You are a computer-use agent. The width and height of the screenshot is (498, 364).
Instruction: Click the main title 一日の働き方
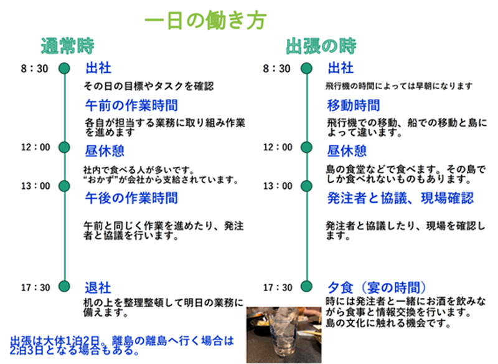(205, 20)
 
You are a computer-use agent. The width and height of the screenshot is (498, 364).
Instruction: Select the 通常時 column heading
(68, 46)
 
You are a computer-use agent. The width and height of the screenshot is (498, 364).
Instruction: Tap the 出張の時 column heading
(321, 46)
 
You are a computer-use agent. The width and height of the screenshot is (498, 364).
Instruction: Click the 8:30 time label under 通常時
(35, 69)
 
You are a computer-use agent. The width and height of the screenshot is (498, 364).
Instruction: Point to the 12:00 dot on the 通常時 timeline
(64, 147)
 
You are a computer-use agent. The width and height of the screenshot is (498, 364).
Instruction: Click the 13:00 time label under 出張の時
(278, 186)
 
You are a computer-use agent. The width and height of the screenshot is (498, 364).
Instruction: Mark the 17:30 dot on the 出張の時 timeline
(306, 286)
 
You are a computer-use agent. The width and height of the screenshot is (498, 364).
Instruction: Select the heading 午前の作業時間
(131, 105)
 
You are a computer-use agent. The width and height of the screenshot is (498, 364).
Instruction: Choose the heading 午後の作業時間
(131, 198)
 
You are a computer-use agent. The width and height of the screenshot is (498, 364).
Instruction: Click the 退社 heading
(98, 288)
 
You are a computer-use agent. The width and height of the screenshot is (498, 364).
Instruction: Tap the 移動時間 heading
(354, 105)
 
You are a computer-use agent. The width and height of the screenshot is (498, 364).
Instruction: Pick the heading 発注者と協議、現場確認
(400, 198)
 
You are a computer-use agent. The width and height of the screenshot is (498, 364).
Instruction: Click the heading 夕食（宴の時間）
(377, 288)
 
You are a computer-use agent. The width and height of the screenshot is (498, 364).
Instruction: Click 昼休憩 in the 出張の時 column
(347, 151)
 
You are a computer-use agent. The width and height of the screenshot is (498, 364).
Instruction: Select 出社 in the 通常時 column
(98, 68)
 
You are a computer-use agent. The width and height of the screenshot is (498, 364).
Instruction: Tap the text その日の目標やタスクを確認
(149, 86)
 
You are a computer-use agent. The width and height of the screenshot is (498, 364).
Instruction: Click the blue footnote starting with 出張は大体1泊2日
(122, 345)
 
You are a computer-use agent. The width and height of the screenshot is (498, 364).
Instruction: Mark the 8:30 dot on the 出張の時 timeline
(306, 69)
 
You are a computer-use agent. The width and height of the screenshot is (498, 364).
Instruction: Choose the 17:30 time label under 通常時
(35, 287)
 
